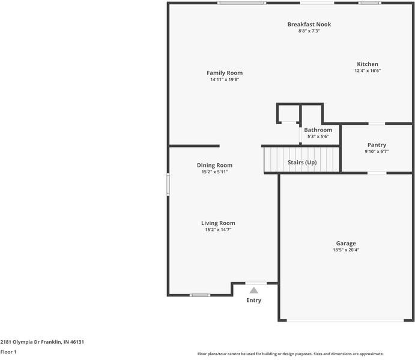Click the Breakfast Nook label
coord(309,24)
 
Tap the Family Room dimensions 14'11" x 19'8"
coord(225,80)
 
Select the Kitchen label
coord(368,64)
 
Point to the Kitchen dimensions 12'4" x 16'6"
coord(368,71)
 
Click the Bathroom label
coord(318,130)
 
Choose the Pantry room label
coord(377,145)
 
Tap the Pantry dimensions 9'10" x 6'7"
coord(377,152)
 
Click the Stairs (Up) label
coord(302,163)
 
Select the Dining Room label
coord(214,165)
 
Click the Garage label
coord(345,243)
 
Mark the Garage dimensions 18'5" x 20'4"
coord(345,250)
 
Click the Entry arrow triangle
coord(254,290)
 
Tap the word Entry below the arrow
coord(254,300)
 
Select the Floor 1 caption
coord(8,352)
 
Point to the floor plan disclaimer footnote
coord(290,354)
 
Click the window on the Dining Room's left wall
coord(168,184)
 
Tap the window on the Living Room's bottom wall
coord(199,295)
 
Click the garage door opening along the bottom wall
coord(346,320)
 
